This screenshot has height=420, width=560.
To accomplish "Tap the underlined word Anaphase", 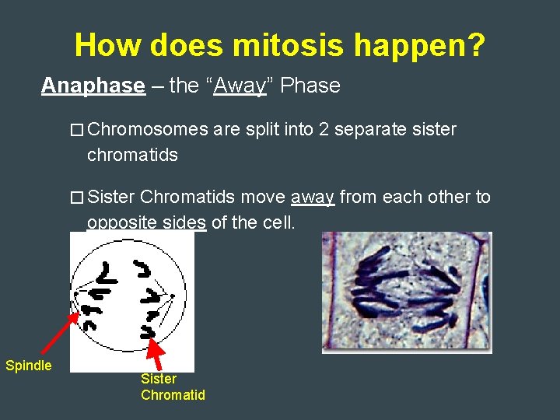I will coord(93,86).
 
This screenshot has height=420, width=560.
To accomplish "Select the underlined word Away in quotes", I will coord(240,86).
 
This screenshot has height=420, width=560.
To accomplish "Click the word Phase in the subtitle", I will coord(310,86).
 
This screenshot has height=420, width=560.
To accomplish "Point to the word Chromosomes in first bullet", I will coord(148,130).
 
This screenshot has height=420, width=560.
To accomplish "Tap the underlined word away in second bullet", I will coord(312,198).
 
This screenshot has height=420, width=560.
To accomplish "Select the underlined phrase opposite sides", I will coord(146,223).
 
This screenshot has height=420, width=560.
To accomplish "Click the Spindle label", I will coord(28,366).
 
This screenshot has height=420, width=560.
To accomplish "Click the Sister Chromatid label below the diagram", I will coord(173,387).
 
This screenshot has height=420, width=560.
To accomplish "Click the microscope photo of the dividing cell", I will coord(407,292).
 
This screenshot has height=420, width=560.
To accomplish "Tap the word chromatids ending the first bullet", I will coord(132,155).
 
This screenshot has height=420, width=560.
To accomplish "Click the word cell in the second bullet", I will coord(278,223).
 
